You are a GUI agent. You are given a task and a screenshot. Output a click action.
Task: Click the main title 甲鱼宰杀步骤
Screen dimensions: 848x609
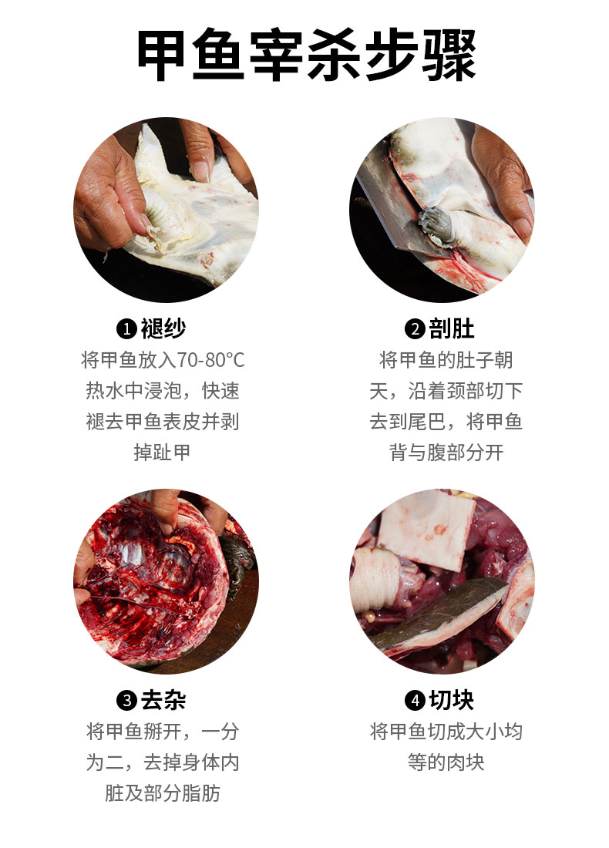(306, 56)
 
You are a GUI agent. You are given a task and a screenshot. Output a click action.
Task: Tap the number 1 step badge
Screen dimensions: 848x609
(126, 330)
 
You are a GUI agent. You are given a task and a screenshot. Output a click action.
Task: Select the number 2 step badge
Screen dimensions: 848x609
(415, 330)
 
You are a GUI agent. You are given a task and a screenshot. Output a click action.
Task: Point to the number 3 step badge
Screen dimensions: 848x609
(126, 701)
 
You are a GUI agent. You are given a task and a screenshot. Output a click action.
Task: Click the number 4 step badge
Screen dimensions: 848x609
(415, 701)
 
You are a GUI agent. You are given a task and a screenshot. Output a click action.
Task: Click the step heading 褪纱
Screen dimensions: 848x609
(163, 329)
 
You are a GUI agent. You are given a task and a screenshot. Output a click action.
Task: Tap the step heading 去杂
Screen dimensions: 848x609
(163, 700)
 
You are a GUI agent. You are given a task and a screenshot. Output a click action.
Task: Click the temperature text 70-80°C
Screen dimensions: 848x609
(210, 360)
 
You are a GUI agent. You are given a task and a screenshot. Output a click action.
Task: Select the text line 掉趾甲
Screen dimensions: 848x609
(163, 453)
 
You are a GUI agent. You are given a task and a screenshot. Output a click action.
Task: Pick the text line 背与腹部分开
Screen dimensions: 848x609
(446, 453)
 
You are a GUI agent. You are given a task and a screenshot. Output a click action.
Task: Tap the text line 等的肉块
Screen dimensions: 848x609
(446, 762)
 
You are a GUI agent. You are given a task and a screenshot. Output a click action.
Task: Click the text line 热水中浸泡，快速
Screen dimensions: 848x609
(163, 391)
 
